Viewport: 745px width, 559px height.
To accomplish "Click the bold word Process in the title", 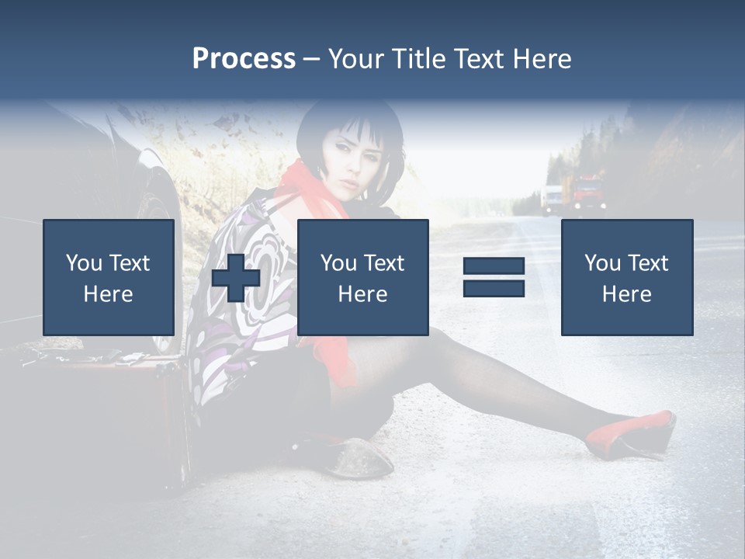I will [x=244, y=59].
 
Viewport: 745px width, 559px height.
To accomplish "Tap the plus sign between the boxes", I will [x=236, y=278].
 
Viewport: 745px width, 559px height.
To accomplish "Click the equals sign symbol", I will [x=494, y=277].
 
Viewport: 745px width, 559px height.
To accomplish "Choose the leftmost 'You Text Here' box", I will [x=109, y=277].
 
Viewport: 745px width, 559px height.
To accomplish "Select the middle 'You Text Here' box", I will [x=362, y=277].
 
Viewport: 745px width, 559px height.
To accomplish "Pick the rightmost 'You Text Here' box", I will [x=626, y=277].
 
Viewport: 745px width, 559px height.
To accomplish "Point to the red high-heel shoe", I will [x=632, y=435].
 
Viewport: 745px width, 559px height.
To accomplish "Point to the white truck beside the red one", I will [x=552, y=198].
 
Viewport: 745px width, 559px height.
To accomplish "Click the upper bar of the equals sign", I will [x=494, y=267].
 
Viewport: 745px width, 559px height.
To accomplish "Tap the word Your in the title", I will [x=355, y=59].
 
